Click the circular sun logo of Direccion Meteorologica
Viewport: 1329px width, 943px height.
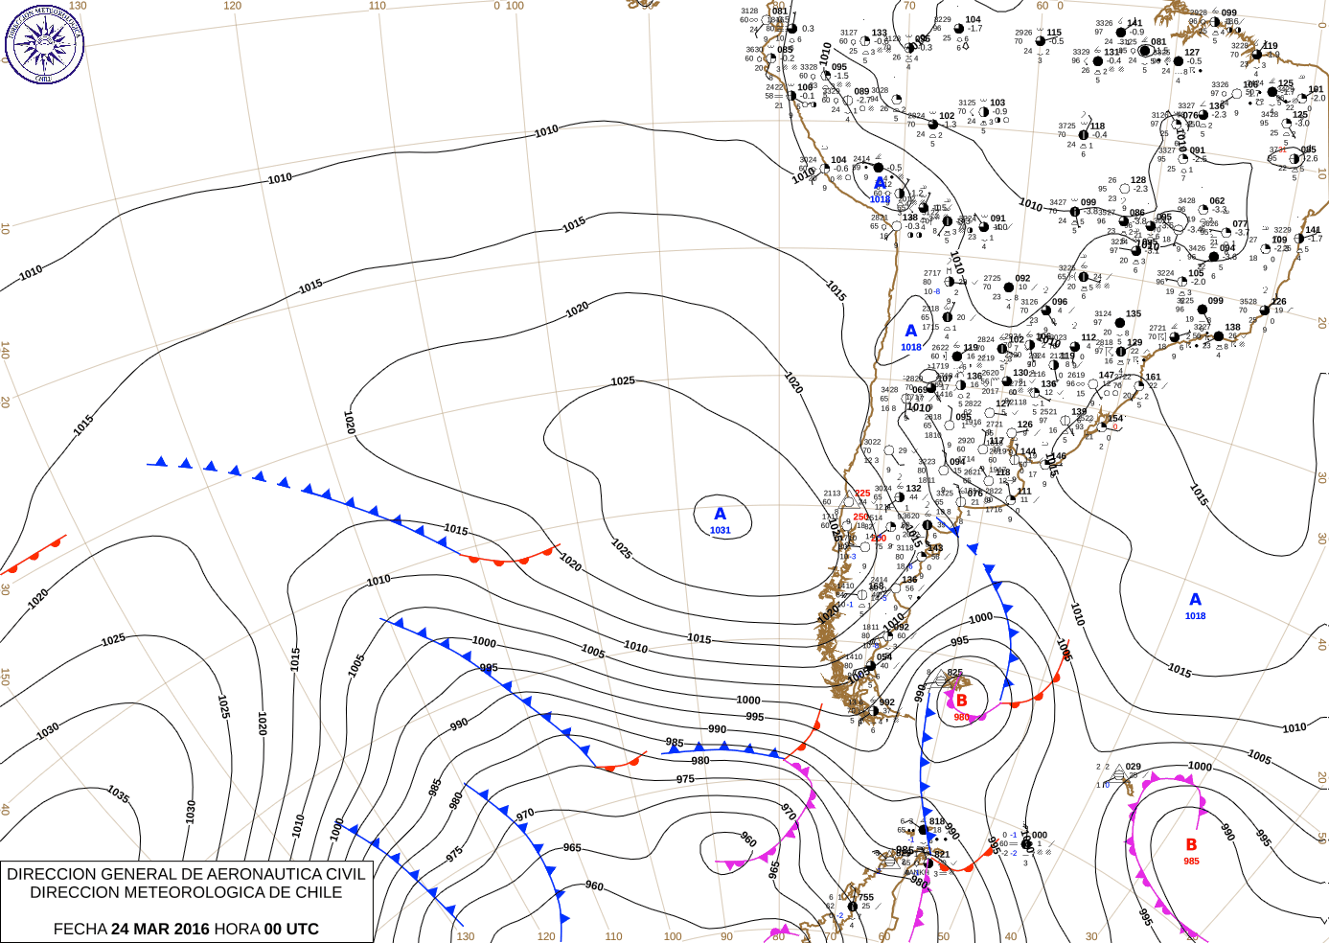[44, 43]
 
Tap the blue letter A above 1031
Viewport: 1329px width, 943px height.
[721, 515]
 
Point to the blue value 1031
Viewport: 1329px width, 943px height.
[721, 530]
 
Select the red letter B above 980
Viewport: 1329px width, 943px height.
[962, 701]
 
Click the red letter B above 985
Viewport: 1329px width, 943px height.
[1191, 844]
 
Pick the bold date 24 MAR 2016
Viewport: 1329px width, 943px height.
[160, 929]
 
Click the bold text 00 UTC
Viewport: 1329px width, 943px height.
[291, 929]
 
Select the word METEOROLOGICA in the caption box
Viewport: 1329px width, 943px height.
[216, 892]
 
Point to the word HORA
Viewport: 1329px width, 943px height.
[236, 929]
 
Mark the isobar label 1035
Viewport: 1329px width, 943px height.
[118, 794]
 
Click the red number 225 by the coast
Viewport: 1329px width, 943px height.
[862, 494]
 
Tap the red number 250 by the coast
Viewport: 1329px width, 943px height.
[860, 517]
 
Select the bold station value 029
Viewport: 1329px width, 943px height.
[1134, 767]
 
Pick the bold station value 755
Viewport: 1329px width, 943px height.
[866, 898]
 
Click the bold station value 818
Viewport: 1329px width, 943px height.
[937, 821]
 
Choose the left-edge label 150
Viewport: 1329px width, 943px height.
[6, 677]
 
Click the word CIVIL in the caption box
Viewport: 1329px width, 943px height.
[345, 874]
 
